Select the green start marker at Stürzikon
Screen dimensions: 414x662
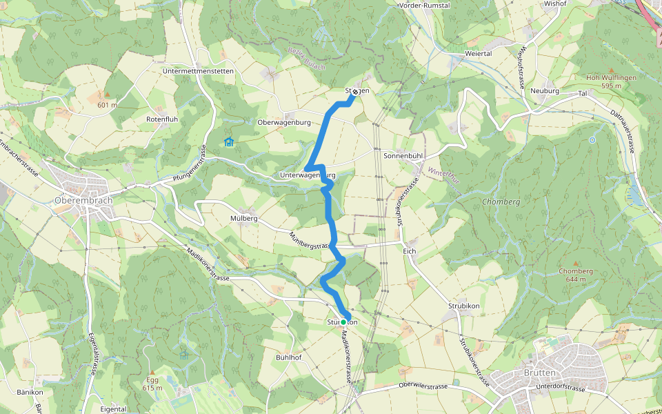[x=343, y=322]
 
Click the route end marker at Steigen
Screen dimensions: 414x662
[x=354, y=92]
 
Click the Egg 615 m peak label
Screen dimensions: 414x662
[x=152, y=383]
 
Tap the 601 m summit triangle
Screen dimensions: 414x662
[x=107, y=95]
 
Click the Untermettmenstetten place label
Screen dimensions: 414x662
[x=199, y=71]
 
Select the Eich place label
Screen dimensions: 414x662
[x=409, y=251]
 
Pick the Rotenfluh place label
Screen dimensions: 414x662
[x=162, y=119]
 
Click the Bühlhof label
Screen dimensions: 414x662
[x=289, y=357]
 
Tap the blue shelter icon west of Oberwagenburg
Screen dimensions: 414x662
[x=228, y=142]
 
